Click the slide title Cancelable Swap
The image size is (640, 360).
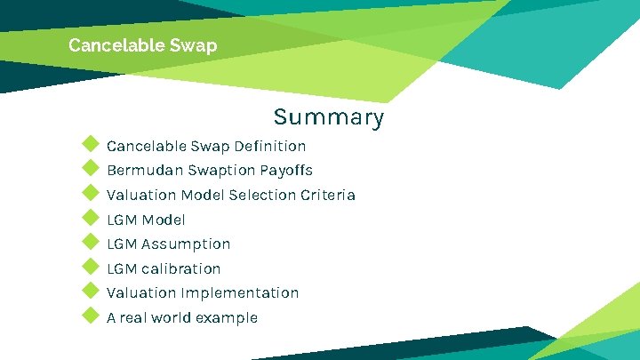click(142, 45)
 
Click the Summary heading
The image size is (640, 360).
click(329, 117)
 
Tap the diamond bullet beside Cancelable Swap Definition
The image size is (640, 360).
click(89, 144)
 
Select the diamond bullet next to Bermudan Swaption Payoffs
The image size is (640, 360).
click(89, 169)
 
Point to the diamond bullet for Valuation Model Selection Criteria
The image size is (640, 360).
click(89, 193)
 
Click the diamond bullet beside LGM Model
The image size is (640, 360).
click(89, 218)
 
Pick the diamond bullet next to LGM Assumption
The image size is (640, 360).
click(89, 242)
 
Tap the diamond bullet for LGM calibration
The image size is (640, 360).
click(89, 267)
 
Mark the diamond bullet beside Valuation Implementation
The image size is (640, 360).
click(89, 291)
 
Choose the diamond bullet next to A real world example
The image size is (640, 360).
click(89, 316)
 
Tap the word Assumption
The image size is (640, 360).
click(186, 244)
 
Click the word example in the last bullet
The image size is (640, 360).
click(228, 318)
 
